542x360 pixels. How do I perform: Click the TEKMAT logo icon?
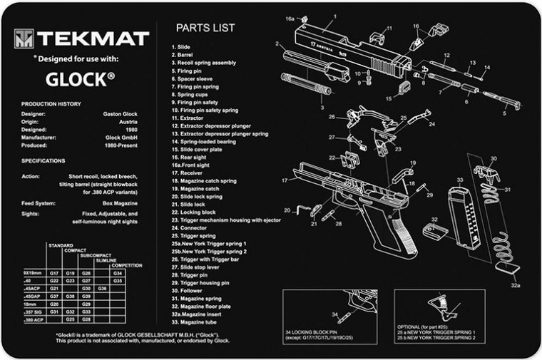(26, 36)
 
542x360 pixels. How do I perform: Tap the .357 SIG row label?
(32, 312)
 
